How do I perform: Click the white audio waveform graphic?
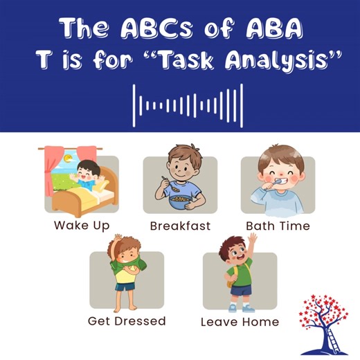point(188,106)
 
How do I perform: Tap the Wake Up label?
point(81,226)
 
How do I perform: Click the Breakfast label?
point(179,226)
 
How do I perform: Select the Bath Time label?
point(278,226)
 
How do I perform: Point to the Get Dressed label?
point(127,321)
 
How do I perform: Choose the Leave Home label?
point(240,322)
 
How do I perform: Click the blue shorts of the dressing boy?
point(125,286)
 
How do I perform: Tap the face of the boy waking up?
point(87,171)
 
